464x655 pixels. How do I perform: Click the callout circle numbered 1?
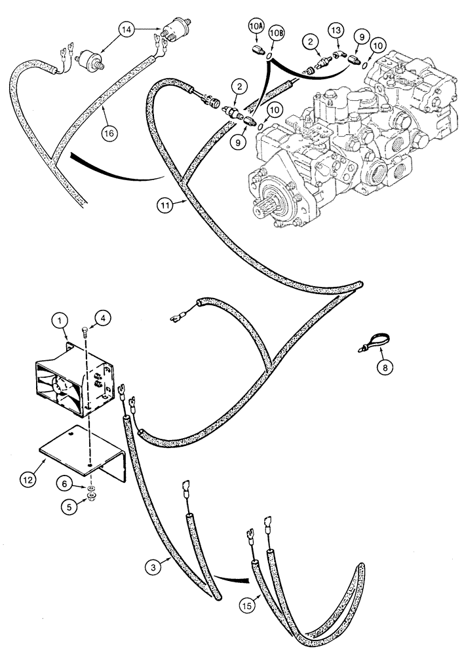[60, 321]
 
